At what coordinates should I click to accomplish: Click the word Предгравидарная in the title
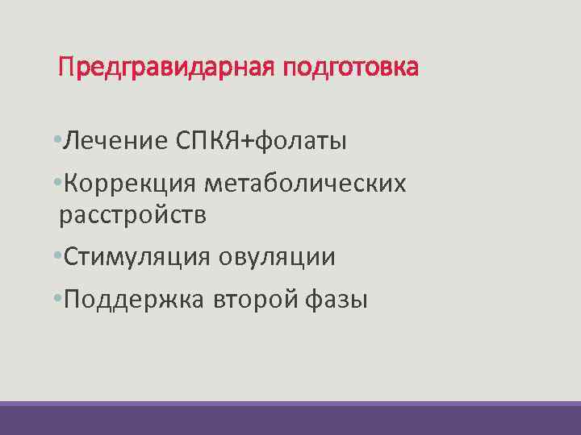[167, 67]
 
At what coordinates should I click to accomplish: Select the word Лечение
[109, 142]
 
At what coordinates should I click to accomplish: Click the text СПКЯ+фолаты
[260, 142]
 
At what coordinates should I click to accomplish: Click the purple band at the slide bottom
[290, 419]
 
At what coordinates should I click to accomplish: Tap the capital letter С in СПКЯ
[182, 142]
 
